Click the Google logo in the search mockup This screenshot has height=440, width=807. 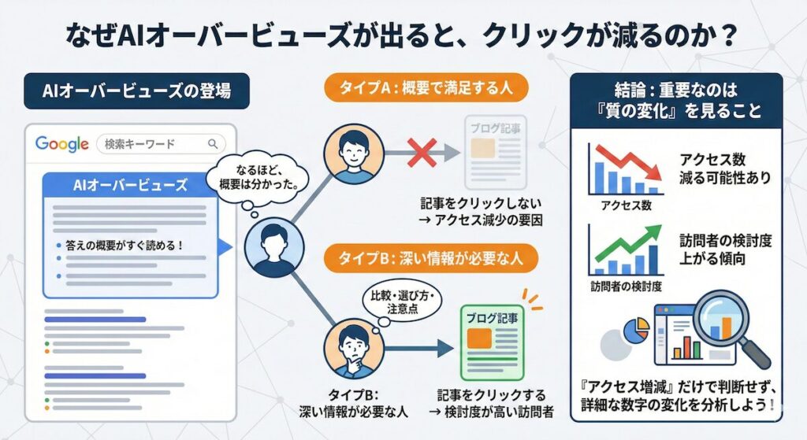[61, 144]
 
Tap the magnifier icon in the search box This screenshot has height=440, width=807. [212, 144]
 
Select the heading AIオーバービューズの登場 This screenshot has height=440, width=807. [137, 92]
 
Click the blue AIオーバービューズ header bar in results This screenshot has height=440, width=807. [129, 186]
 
